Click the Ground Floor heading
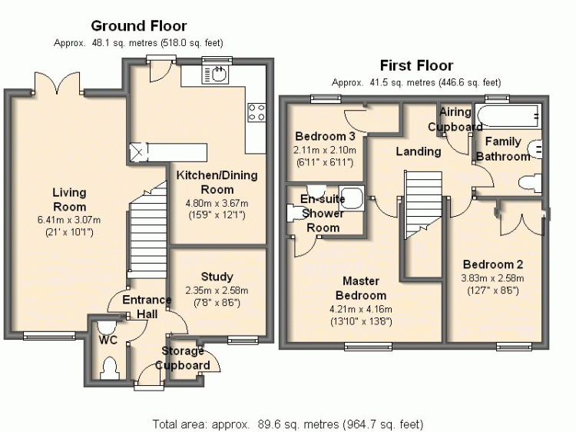coord(138,25)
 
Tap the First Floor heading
coord(416,65)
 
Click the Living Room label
coord(69,199)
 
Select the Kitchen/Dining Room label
coord(217,182)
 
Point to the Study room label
coord(217,277)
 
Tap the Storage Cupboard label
coord(185,358)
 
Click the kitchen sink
coord(217,75)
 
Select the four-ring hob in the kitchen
coord(257,112)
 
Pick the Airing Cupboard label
coord(455,120)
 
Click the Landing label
coord(419,151)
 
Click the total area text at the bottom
coord(288,424)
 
